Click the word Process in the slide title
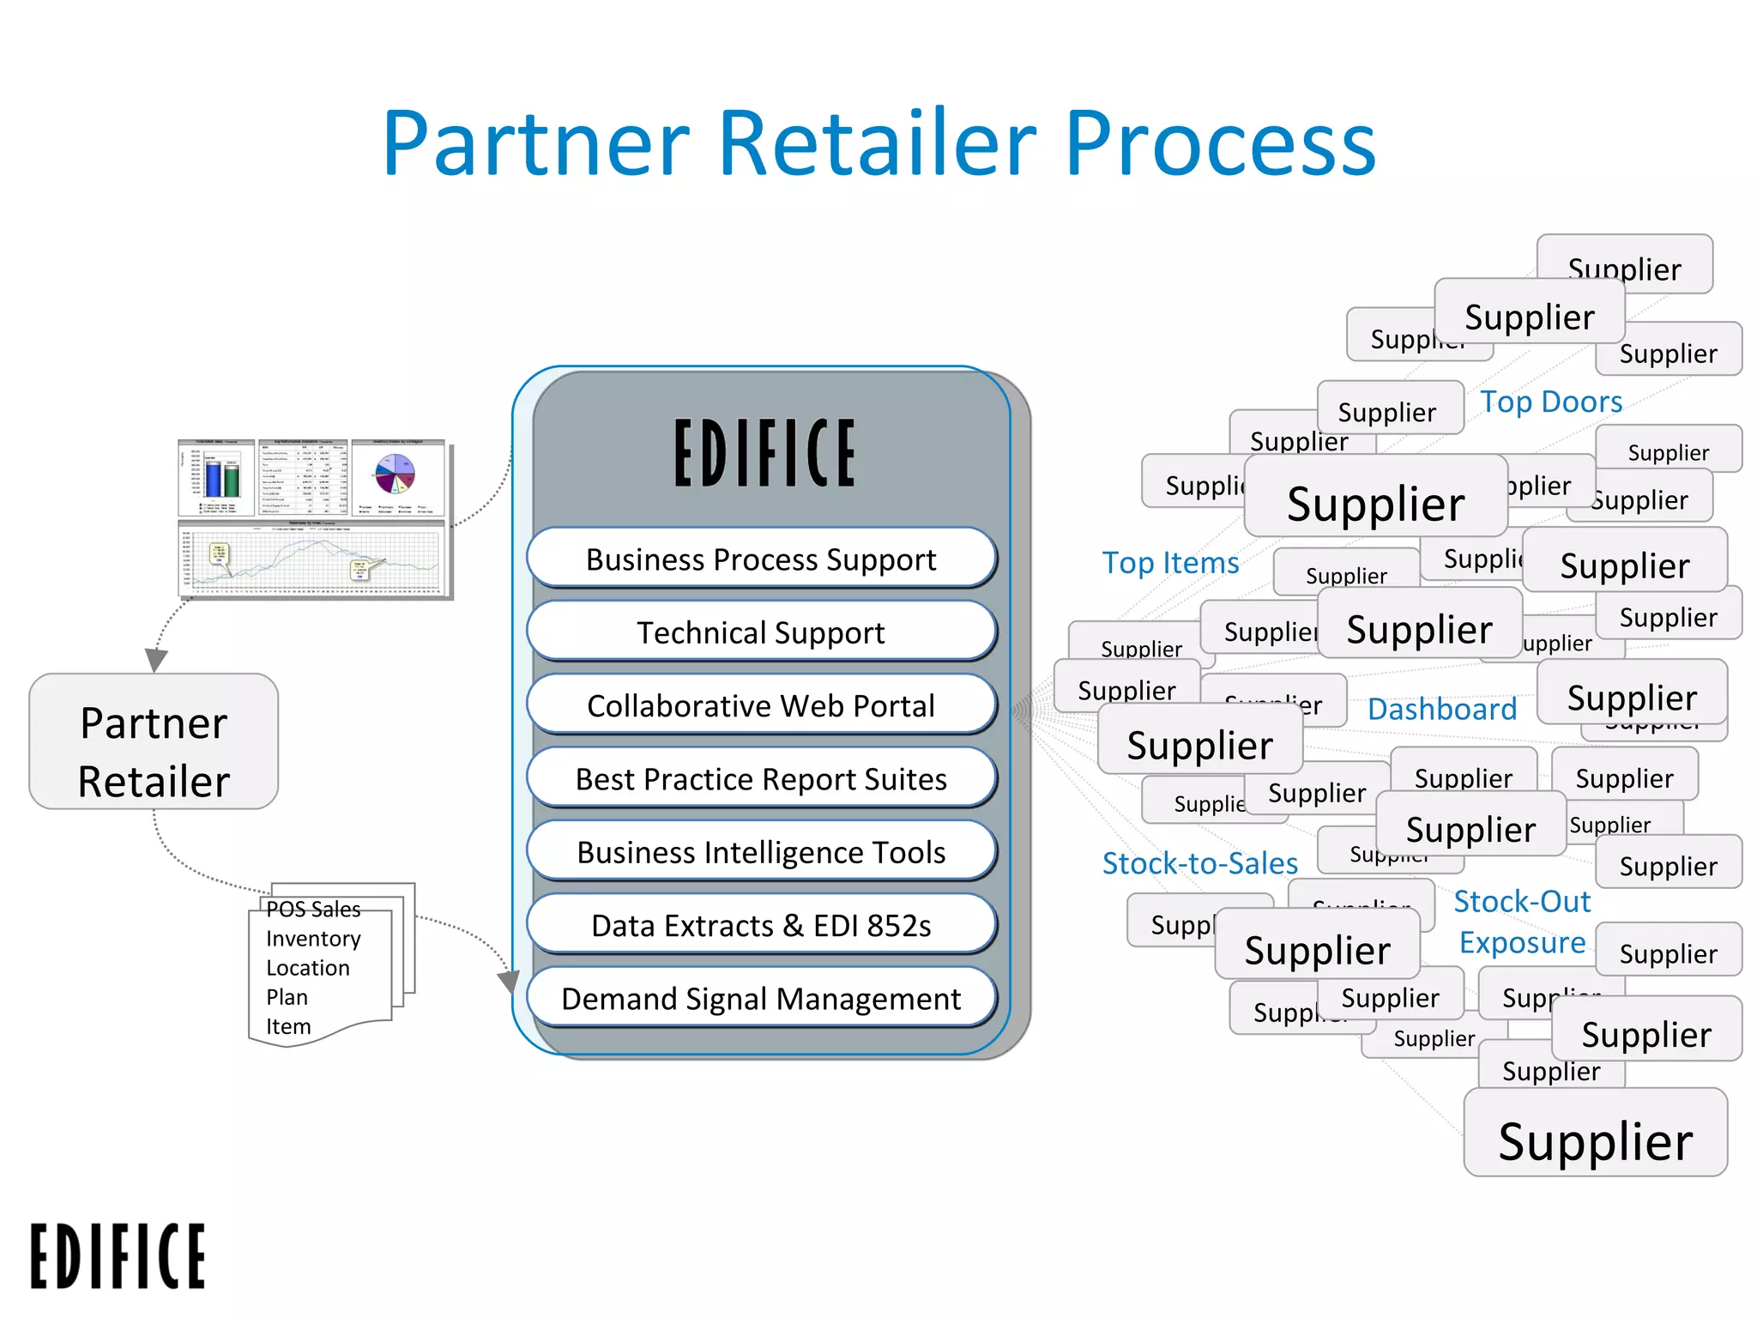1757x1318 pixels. pyautogui.click(x=1219, y=143)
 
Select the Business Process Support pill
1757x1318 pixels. pyautogui.click(x=761, y=559)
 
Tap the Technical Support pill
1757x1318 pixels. pyautogui.click(x=761, y=632)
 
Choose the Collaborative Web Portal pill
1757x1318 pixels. pyautogui.click(x=761, y=705)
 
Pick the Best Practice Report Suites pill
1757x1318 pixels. pyautogui.click(x=761, y=778)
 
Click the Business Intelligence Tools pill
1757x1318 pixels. pyautogui.click(x=761, y=852)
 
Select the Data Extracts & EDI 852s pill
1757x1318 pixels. pyautogui.click(x=761, y=925)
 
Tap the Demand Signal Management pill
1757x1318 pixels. pyautogui.click(x=761, y=998)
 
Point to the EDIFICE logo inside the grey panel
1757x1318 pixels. pyautogui.click(x=764, y=453)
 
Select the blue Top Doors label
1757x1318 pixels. pyautogui.click(x=1550, y=402)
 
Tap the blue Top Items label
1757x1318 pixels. pyautogui.click(x=1169, y=563)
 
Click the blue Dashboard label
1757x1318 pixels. pyautogui.click(x=1441, y=709)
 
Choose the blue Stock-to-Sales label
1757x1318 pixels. pyautogui.click(x=1199, y=863)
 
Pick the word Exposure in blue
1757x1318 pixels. pyautogui.click(x=1522, y=942)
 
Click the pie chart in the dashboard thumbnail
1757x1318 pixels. pyautogui.click(x=395, y=473)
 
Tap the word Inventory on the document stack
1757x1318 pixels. pyautogui.click(x=313, y=939)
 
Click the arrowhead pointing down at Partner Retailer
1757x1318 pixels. pyautogui.click(x=155, y=659)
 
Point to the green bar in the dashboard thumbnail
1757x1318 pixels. pyautogui.click(x=232, y=480)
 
